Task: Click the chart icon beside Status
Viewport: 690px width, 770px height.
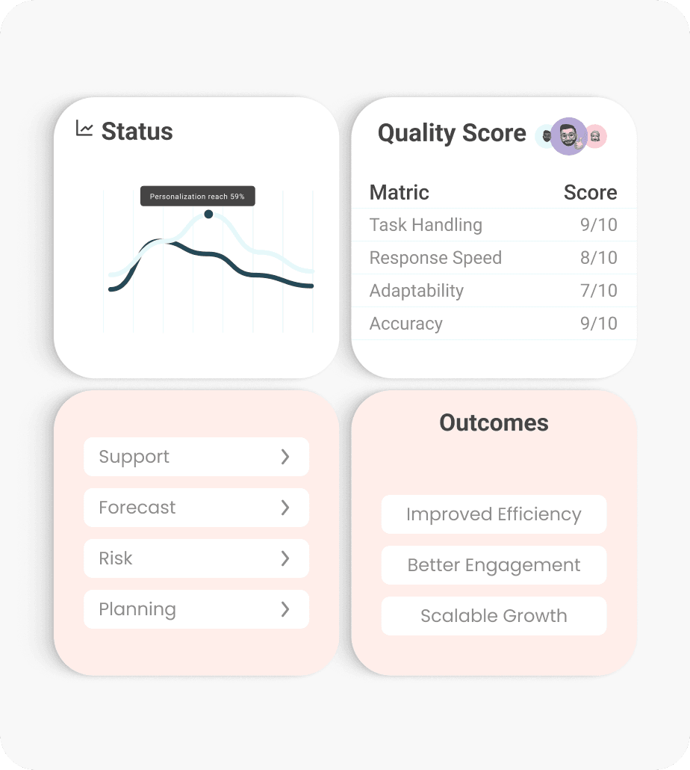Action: click(x=84, y=129)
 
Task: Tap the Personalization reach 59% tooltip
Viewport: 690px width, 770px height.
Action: click(x=197, y=197)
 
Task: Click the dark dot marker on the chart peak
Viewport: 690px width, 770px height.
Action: click(x=208, y=215)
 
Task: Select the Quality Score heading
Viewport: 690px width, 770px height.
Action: click(x=452, y=133)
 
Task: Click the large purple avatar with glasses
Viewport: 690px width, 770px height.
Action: click(x=569, y=136)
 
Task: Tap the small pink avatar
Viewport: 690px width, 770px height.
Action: click(x=595, y=136)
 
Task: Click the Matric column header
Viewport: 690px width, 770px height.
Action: click(x=400, y=193)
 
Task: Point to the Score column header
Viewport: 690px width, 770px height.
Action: click(x=590, y=193)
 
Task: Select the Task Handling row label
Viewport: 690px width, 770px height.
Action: click(x=426, y=225)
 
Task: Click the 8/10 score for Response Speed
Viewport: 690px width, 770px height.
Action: click(x=598, y=258)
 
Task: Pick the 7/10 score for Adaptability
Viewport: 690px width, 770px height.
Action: click(x=598, y=291)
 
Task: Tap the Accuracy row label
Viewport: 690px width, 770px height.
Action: click(x=406, y=324)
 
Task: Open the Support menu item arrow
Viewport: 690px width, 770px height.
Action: click(x=285, y=457)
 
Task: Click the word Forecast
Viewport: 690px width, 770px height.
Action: click(x=137, y=508)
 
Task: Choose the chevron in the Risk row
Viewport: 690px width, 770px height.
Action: click(x=285, y=558)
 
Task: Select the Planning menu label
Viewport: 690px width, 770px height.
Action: click(x=137, y=609)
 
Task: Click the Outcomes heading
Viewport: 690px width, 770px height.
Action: click(x=494, y=423)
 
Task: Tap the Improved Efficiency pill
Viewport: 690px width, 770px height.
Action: click(x=494, y=514)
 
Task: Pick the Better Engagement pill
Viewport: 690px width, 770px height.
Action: click(x=494, y=565)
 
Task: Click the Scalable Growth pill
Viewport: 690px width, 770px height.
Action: click(x=494, y=616)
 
